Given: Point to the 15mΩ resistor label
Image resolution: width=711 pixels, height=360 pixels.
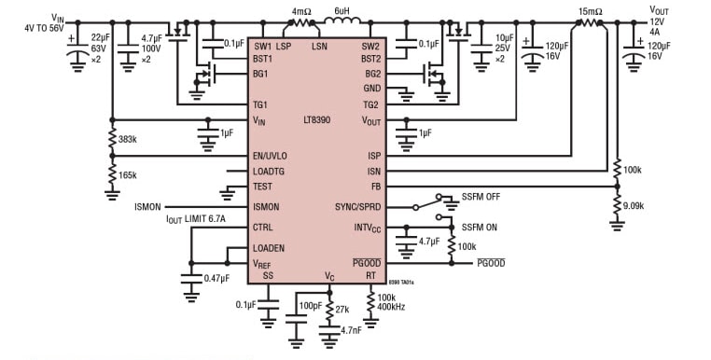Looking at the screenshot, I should click(590, 12).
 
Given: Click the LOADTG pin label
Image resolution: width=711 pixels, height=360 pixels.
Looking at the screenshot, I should click(271, 172).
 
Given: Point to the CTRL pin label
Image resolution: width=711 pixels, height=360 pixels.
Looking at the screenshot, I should click(263, 227).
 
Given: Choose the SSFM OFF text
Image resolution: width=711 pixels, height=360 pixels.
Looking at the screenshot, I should click(482, 197).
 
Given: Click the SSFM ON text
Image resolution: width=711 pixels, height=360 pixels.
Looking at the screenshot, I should click(481, 228).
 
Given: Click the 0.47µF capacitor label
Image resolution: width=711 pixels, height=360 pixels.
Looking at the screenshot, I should click(217, 278).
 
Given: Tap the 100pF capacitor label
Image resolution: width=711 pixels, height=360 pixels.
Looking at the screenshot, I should click(308, 306).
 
